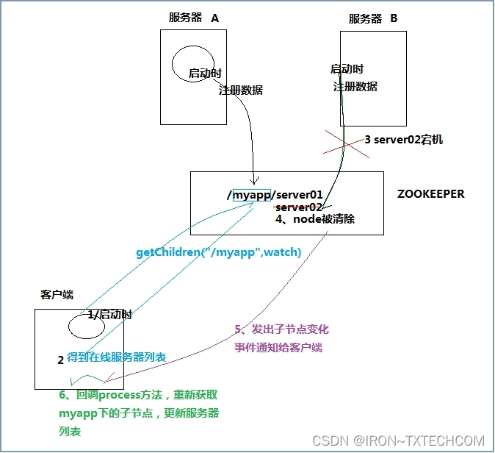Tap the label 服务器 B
372,18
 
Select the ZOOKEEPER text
430,194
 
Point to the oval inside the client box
87,324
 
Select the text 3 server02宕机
403,139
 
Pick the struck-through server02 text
298,207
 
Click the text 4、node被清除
315,219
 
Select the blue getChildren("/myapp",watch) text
219,252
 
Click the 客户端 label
57,294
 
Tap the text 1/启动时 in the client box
110,314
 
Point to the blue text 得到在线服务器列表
116,357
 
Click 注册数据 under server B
355,86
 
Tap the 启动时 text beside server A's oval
205,74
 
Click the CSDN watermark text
398,440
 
